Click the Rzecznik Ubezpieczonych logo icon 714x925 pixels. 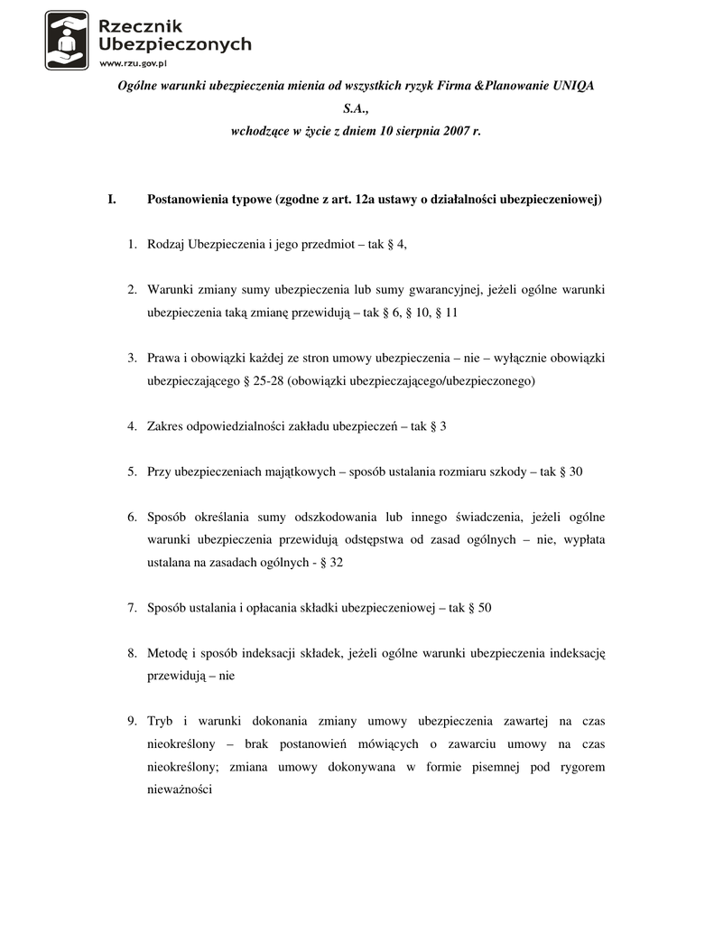67,40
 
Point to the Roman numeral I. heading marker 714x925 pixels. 112,199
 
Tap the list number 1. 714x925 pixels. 131,245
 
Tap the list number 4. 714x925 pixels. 131,425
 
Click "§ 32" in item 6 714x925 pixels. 330,562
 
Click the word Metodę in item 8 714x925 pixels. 167,653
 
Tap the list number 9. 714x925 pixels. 131,721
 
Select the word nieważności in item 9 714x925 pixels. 180,789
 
